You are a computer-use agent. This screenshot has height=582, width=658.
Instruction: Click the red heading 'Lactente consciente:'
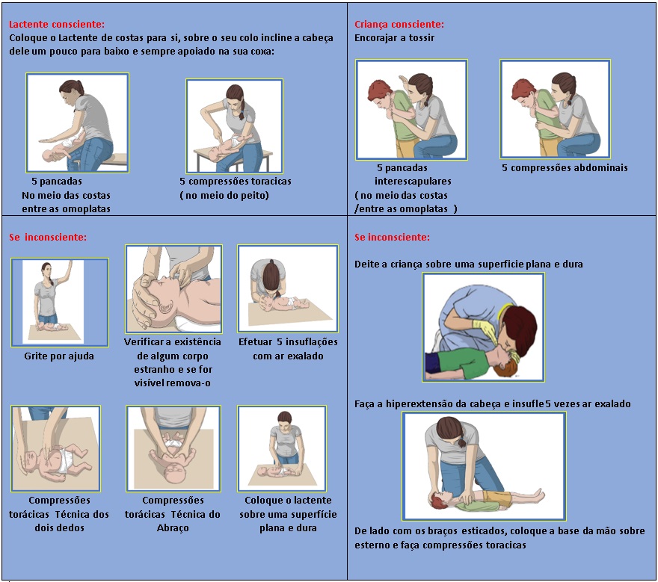(x=57, y=25)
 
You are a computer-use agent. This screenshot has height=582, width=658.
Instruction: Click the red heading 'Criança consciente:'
(x=399, y=25)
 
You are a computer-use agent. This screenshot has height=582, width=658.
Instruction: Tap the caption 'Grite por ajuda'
(x=59, y=356)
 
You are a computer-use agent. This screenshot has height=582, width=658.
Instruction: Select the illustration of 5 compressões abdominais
(x=555, y=109)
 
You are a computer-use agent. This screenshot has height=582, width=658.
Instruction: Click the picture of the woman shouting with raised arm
(x=60, y=303)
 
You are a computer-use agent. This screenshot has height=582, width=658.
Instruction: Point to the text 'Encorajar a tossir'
(x=394, y=38)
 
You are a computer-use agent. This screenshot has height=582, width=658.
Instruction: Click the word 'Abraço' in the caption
(x=173, y=528)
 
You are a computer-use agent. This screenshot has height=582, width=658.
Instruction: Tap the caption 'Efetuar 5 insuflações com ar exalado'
(x=288, y=349)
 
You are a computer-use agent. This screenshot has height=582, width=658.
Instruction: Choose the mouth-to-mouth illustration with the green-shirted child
(x=484, y=327)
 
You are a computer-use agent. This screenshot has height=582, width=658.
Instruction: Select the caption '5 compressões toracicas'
(x=236, y=181)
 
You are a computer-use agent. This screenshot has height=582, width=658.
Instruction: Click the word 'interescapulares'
(x=413, y=181)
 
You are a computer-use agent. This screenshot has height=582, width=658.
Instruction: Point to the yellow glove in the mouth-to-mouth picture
(x=485, y=329)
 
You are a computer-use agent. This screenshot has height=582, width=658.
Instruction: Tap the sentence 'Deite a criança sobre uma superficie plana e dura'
(x=468, y=264)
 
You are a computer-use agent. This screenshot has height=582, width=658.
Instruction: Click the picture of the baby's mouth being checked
(x=173, y=289)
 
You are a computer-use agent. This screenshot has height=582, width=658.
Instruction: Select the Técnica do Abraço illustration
(x=173, y=448)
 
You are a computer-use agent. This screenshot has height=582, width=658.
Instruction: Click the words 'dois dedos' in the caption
(x=60, y=528)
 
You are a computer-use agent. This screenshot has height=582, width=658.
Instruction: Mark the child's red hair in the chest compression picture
(x=436, y=498)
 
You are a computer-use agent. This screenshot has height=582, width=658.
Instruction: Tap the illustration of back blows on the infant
(x=77, y=123)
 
